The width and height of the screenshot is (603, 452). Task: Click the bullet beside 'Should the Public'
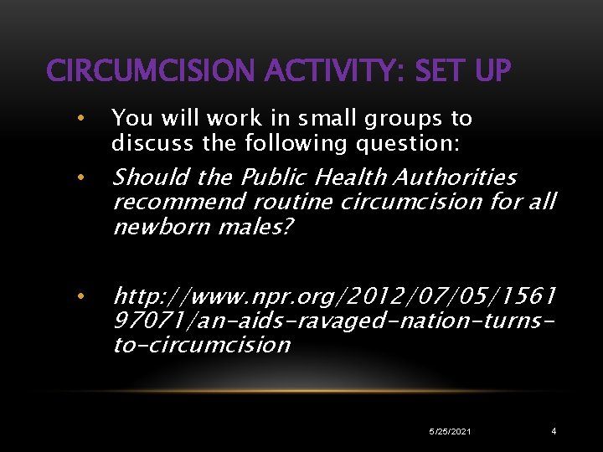click(x=80, y=177)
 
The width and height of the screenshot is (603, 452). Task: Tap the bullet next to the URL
click(x=80, y=295)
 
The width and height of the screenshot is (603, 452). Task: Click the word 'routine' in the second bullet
click(x=285, y=203)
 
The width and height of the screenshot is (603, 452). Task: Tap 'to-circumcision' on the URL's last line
click(x=201, y=345)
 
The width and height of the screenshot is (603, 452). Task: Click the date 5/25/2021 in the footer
click(x=450, y=431)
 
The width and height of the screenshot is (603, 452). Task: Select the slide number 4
click(x=554, y=431)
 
